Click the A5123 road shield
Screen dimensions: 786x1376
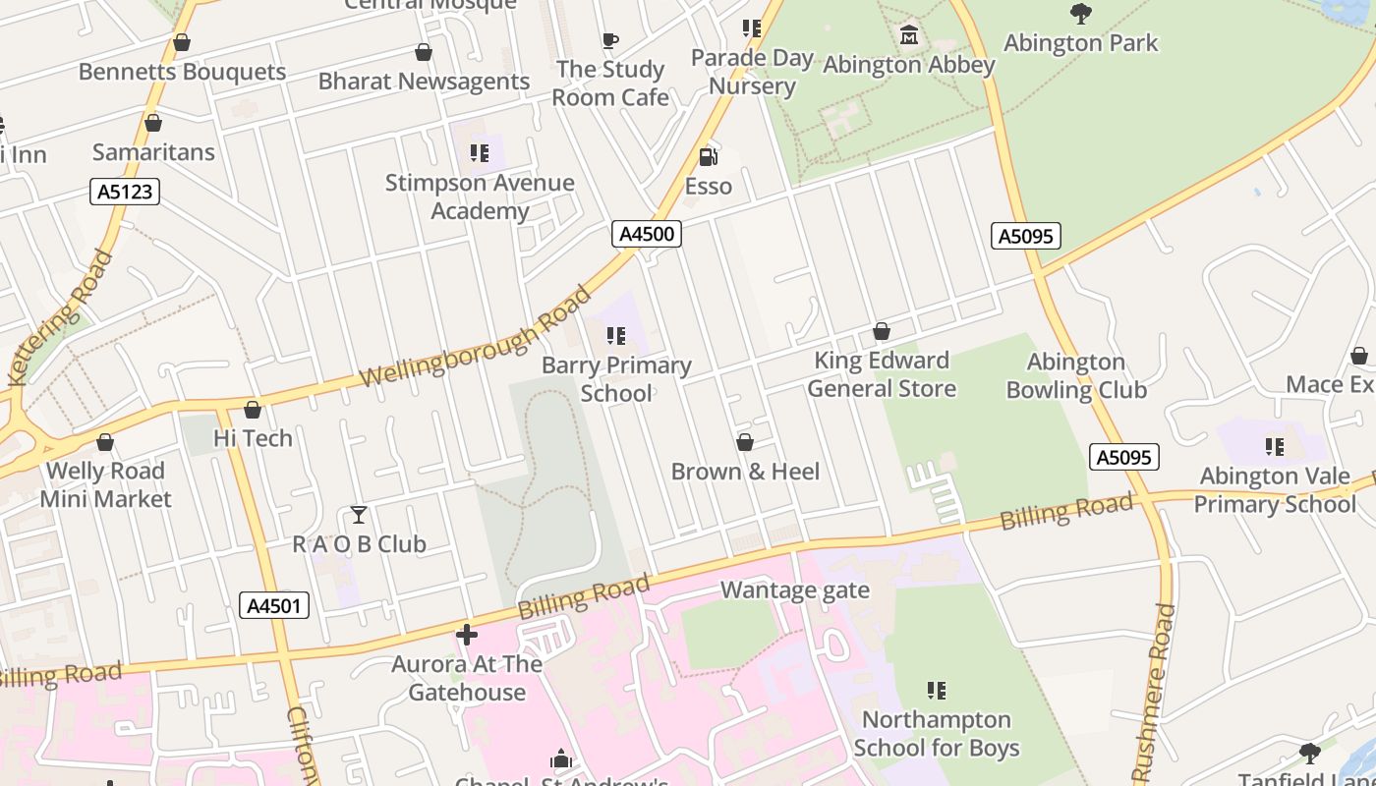coord(126,191)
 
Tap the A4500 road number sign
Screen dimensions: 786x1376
coord(646,234)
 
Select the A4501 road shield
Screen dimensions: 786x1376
coord(274,605)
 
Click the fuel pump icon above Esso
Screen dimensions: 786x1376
coord(708,156)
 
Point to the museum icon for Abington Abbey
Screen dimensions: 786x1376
coord(909,35)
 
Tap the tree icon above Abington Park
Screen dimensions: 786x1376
coord(1080,14)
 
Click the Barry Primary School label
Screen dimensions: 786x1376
coord(616,379)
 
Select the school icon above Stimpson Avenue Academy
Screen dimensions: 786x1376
coord(480,153)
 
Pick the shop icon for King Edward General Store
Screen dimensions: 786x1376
coord(882,332)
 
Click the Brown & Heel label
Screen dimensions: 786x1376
coord(745,472)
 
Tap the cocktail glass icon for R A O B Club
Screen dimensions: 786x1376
coord(359,515)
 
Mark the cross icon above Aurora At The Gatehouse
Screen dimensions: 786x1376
coord(467,635)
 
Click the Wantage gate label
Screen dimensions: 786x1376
coord(795,590)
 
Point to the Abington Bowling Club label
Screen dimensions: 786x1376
coord(1076,376)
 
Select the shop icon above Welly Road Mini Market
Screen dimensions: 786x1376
coord(105,442)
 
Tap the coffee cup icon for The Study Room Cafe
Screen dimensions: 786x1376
coord(610,41)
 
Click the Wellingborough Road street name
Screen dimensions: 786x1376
coord(477,338)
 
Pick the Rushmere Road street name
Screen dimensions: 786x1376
coord(1156,693)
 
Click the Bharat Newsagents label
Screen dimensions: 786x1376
coord(424,82)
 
